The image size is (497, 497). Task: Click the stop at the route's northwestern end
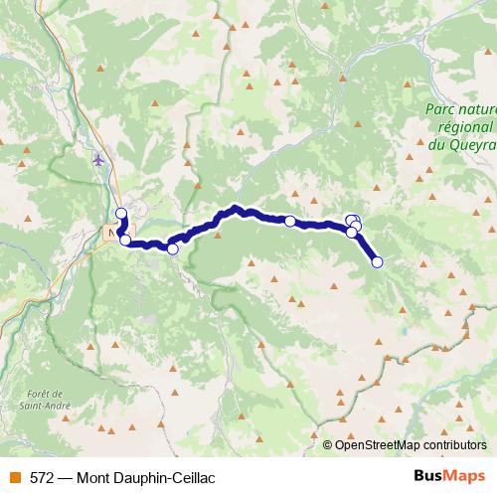[x=121, y=213]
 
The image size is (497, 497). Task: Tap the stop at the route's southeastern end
[x=377, y=262]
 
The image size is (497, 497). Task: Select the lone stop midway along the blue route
[x=290, y=222]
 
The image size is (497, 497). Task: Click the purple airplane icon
[x=97, y=159]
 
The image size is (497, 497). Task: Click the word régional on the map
[x=464, y=127]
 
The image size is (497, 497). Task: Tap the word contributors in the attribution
[x=457, y=445]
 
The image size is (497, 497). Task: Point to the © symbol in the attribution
[x=328, y=445]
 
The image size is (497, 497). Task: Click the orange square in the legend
[x=14, y=477]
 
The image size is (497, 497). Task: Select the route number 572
[x=41, y=477]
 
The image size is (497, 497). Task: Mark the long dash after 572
[x=65, y=477]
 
